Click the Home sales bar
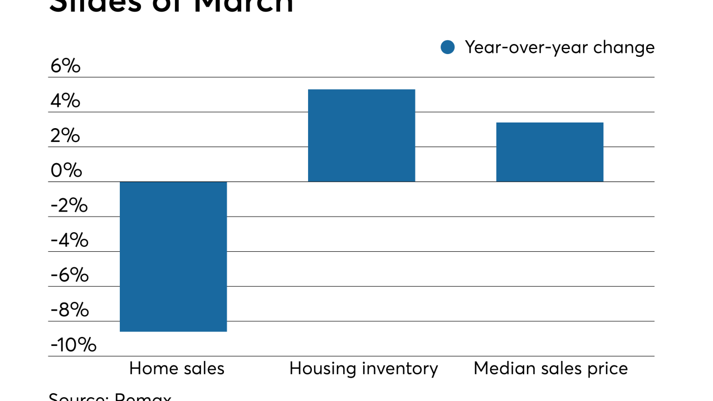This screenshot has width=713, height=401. [173, 256]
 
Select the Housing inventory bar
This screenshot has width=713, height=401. [362, 135]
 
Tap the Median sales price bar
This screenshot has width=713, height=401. [550, 151]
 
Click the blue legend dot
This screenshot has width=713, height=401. [448, 47]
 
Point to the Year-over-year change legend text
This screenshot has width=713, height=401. [559, 47]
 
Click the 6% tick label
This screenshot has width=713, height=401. [65, 66]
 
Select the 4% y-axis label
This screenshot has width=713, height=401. [65, 101]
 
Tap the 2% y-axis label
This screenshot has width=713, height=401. [65, 136]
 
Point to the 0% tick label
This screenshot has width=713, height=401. [66, 170]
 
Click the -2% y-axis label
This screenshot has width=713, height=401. [69, 206]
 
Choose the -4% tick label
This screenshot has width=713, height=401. [69, 240]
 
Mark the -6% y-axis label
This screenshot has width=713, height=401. [69, 275]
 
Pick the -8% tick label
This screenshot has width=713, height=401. [69, 310]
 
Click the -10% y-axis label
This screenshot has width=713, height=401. [73, 345]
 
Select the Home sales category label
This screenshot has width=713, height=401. [177, 369]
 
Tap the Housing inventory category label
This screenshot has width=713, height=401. [364, 369]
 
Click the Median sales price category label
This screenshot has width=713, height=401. [550, 369]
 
